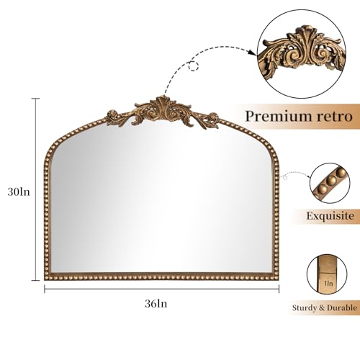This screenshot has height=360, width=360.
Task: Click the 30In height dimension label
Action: [19, 192]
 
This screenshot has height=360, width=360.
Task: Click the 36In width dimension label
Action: [156, 304]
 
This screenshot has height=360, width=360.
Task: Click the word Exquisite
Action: [330, 216]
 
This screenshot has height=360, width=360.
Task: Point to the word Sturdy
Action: [304, 307]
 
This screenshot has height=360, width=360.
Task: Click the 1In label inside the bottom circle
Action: [328, 284]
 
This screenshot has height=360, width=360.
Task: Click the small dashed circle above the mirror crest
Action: [194, 66]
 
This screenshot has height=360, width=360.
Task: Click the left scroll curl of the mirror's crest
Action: [112, 114]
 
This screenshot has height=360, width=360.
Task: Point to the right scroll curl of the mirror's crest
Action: [213, 117]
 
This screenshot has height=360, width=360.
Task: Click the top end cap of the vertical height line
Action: [36, 99]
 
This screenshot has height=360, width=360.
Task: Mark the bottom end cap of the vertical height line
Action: [36, 280]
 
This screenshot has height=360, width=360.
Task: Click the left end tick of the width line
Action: [45, 289]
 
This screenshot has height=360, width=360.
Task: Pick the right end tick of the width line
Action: [279, 289]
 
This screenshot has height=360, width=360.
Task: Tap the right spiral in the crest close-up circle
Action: [321, 53]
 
